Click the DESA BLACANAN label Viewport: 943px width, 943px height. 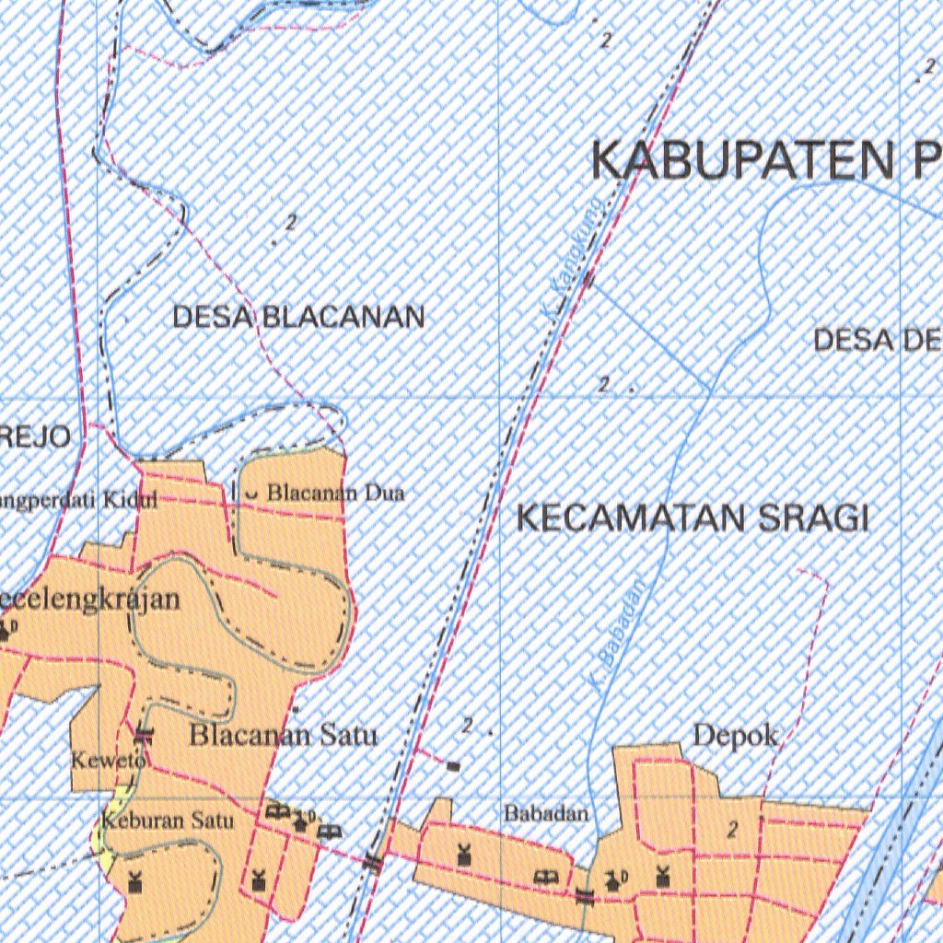pyautogui.click(x=298, y=318)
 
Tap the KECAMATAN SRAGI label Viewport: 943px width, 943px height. pyautogui.click(x=692, y=518)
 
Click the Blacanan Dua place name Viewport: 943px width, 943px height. pyautogui.click(x=335, y=494)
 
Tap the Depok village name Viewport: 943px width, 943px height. pyautogui.click(x=735, y=737)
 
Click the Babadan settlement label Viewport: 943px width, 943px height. pyautogui.click(x=545, y=814)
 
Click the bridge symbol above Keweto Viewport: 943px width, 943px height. pyautogui.click(x=143, y=734)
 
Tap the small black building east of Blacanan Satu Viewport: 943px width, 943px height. pyautogui.click(x=453, y=765)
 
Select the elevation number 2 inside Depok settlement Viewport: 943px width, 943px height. pyautogui.click(x=732, y=830)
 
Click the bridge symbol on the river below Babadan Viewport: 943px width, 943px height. pyautogui.click(x=585, y=895)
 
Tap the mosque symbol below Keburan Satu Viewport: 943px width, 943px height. pyautogui.click(x=135, y=880)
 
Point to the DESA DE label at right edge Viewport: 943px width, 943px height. pyautogui.click(x=877, y=341)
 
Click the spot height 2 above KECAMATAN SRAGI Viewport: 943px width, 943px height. pyautogui.click(x=603, y=384)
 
